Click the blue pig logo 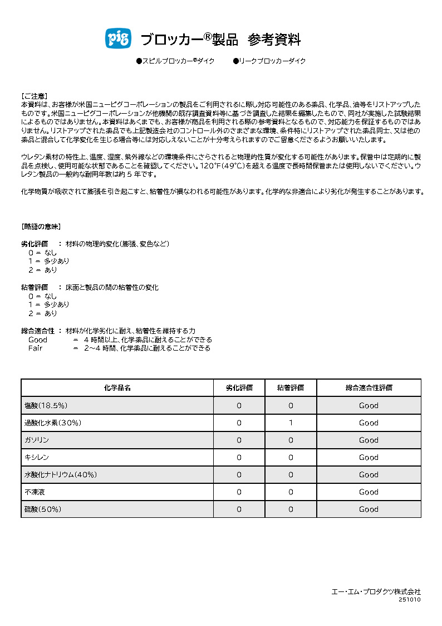pyautogui.click(x=117, y=38)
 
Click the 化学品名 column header pyautogui.click(x=117, y=388)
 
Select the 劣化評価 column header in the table pyautogui.click(x=239, y=388)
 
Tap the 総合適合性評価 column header pyautogui.click(x=369, y=388)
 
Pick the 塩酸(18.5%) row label pyautogui.click(x=46, y=405)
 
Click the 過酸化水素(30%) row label pyautogui.click(x=53, y=423)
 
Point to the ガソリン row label pyautogui.click(x=37, y=440)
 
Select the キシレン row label pyautogui.click(x=37, y=457)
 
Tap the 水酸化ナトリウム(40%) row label pyautogui.click(x=61, y=474)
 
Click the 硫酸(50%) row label pyautogui.click(x=43, y=509)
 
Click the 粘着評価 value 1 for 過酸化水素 pyautogui.click(x=291, y=423)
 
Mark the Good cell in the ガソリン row pyautogui.click(x=369, y=440)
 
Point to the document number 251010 pyautogui.click(x=409, y=600)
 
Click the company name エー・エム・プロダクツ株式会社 pyautogui.click(x=376, y=591)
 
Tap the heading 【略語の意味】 pyautogui.click(x=41, y=227)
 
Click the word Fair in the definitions pyautogui.click(x=36, y=348)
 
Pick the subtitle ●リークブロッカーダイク pyautogui.click(x=269, y=61)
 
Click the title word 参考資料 pyautogui.click(x=274, y=40)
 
